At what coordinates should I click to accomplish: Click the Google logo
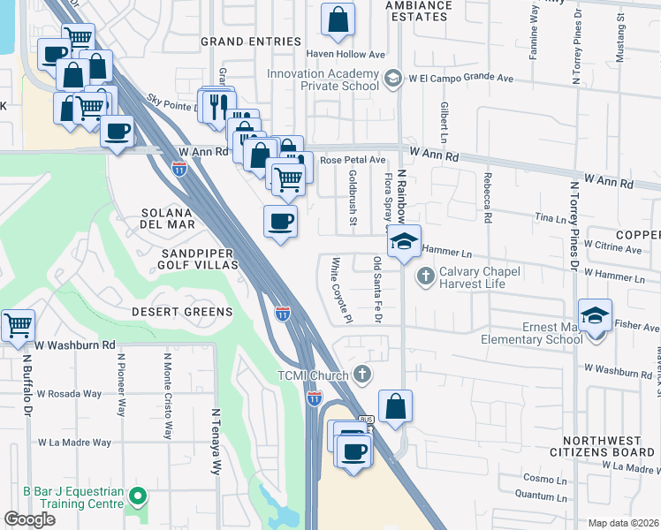30,519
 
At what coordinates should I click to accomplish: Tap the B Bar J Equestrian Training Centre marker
136,497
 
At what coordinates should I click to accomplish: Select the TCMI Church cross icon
361,374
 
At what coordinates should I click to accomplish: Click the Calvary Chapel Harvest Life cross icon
426,277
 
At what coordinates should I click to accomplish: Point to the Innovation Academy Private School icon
390,80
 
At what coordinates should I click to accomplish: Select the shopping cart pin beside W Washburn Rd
18,326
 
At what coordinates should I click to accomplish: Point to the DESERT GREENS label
182,312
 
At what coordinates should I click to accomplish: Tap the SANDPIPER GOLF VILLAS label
196,259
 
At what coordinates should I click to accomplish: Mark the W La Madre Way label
74,443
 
